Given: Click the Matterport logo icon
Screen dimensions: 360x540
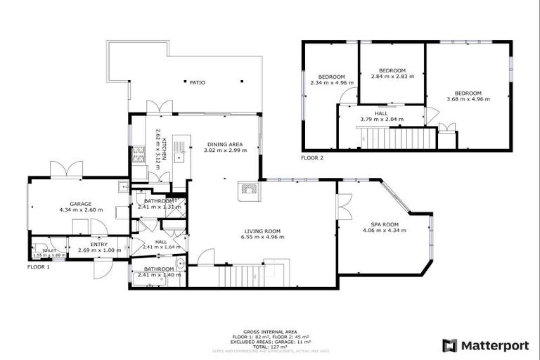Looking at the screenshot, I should click(x=449, y=345).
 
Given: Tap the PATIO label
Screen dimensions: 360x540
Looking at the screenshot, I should click(x=198, y=82).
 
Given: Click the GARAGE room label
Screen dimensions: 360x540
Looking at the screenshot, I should click(x=81, y=204).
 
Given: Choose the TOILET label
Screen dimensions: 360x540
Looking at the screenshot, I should click(x=49, y=250).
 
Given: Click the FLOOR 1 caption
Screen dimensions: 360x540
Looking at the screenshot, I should click(x=39, y=267).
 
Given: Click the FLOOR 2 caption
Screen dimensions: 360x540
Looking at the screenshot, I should click(x=312, y=157).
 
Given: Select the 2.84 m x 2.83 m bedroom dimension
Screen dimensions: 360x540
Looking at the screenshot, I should click(x=392, y=77).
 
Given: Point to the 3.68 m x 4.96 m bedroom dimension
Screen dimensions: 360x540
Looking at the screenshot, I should click(x=468, y=99).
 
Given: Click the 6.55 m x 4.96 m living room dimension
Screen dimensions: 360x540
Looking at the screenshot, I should click(x=263, y=237).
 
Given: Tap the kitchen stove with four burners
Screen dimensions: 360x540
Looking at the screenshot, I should click(x=139, y=153).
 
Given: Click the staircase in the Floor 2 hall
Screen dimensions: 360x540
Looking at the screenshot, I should click(x=391, y=137).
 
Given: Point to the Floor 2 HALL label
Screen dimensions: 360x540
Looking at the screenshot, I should click(x=380, y=113).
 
